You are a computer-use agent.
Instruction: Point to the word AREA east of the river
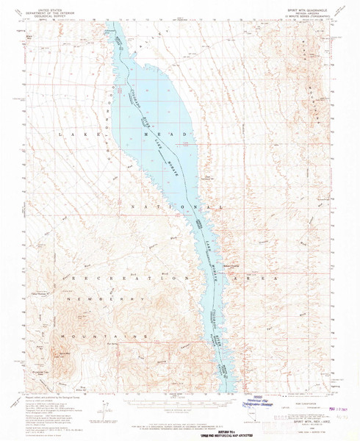(255, 280)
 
